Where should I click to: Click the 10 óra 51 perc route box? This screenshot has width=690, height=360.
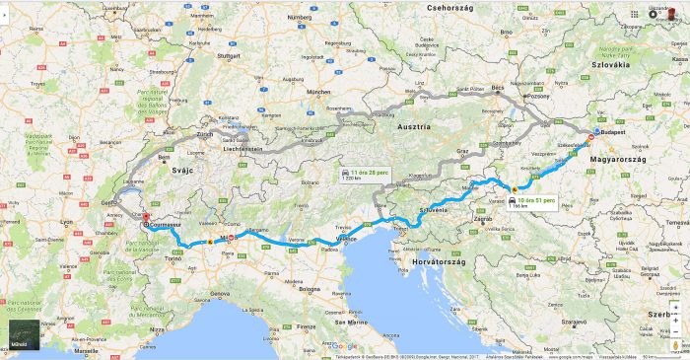[532, 202]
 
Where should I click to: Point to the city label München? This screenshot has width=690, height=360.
[317, 92]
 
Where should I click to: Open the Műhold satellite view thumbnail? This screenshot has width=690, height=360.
[25, 336]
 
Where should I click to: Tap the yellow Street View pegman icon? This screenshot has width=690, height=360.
[676, 345]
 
